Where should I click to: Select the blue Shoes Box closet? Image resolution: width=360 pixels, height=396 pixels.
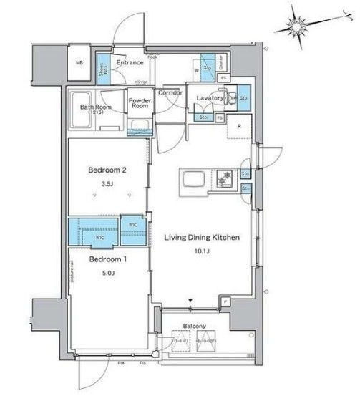coord(104,67)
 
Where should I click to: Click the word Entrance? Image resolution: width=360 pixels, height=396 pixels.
coord(132,63)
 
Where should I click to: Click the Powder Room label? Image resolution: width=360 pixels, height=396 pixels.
coord(138,104)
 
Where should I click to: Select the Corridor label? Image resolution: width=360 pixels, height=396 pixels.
coord(171,93)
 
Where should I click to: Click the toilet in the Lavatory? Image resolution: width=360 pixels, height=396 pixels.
coord(230,97)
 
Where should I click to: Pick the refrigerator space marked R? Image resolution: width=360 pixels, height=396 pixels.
coord(239,128)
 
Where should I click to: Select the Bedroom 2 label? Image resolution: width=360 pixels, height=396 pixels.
coord(107,170)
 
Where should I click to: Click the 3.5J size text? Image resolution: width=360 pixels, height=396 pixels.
coord(107,184)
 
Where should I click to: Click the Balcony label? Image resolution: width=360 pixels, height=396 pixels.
coord(195,326)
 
